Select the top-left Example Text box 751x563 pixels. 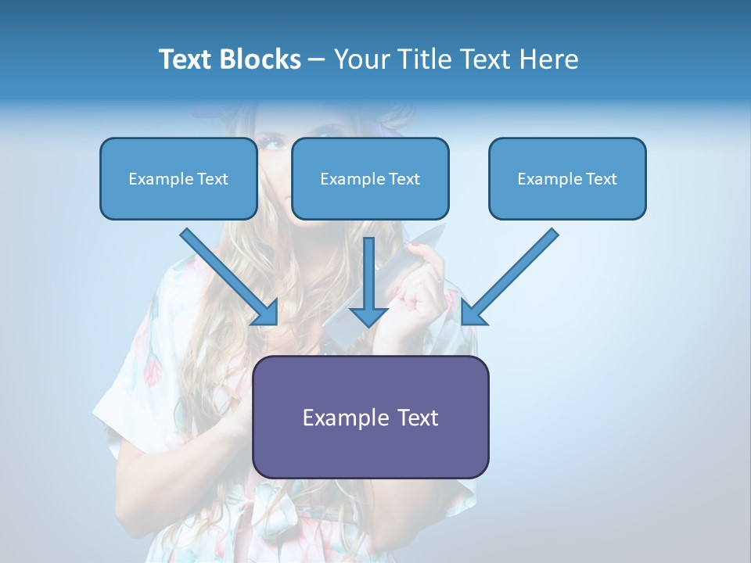pos(178,179)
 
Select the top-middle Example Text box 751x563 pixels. pos(370,179)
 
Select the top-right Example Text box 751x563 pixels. pos(567,179)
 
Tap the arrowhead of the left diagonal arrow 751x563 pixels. pos(266,313)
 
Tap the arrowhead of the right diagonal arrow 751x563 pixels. pos(473,313)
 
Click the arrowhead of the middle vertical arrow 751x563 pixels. pos(368,316)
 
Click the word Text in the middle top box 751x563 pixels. pos(404,179)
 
